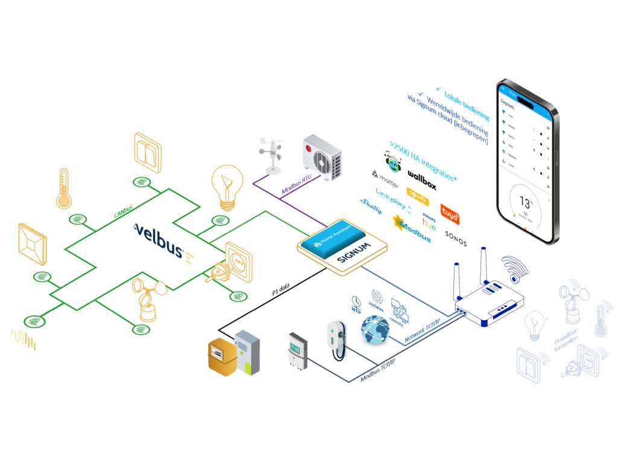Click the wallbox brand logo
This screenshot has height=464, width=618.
pos(422,180)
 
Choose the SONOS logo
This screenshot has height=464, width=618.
pos(456,234)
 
